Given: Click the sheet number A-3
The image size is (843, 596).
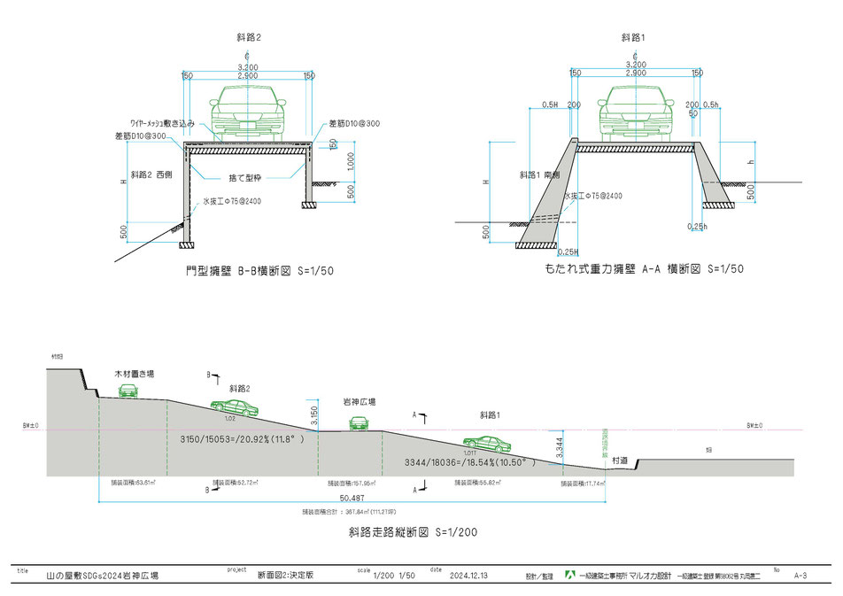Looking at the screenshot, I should (800, 576).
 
